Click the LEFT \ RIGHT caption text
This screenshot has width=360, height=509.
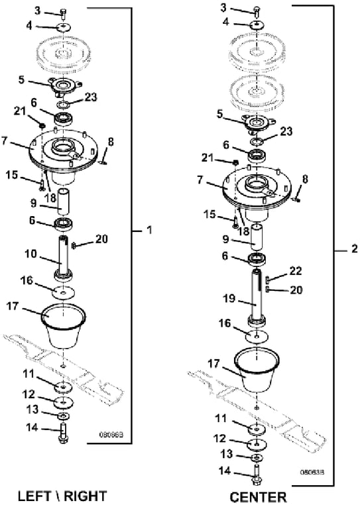tap(62, 496)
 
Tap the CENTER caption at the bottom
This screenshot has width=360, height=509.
tap(259, 497)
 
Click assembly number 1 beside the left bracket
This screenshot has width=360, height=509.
tap(149, 230)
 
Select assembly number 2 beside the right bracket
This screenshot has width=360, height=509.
tap(354, 249)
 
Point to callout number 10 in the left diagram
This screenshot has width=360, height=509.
tap(31, 254)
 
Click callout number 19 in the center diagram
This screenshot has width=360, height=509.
tap(229, 298)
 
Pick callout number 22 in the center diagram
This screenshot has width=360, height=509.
tap(296, 270)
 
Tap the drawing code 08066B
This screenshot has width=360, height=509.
tap(111, 434)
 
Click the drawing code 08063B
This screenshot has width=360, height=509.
tap(312, 472)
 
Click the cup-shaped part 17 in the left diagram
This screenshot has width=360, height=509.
tap(64, 325)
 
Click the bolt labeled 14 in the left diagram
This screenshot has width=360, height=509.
tap(62, 433)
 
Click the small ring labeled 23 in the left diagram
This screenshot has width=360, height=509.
tap(64, 104)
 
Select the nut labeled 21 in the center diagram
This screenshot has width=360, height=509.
tap(236, 161)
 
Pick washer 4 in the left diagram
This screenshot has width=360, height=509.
tap(64, 27)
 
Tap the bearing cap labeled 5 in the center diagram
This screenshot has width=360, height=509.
tap(258, 124)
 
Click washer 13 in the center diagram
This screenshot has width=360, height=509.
tap(257, 457)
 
